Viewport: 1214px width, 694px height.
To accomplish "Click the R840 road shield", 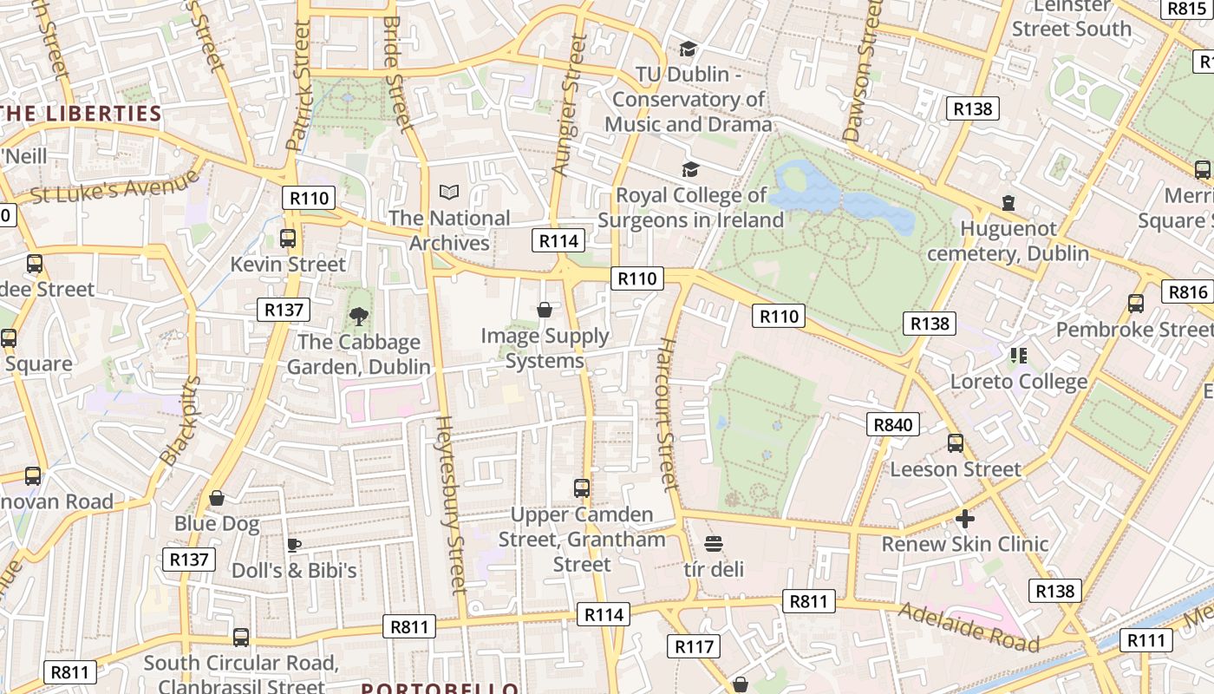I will point(892,424).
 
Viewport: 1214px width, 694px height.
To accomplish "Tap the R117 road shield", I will point(693,646).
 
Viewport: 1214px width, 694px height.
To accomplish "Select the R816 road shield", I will point(1187,291).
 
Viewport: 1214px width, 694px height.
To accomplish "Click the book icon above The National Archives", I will point(449,192).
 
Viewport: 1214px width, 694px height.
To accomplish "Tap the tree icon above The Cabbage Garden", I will point(358,316).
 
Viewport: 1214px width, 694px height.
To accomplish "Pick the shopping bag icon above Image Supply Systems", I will point(545,310).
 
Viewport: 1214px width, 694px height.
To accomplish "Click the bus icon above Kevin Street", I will point(288,238).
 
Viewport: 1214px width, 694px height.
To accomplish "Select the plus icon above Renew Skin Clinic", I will point(964,519).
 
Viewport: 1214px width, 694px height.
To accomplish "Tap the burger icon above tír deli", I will point(714,544).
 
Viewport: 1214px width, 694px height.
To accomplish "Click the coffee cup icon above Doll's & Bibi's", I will point(294,545).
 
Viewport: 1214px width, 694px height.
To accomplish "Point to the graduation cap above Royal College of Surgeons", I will point(690,169).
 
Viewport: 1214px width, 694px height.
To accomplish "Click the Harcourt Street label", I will point(666,414).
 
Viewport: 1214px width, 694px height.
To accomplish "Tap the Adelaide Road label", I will point(969,626).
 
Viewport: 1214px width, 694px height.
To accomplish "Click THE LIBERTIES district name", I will point(82,114).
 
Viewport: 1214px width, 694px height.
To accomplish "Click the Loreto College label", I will point(1019,382).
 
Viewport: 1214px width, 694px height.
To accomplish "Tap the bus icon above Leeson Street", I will point(955,443).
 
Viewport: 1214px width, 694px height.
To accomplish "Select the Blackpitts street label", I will point(180,421).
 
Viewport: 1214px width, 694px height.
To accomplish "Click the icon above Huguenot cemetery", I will point(1008,203).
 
